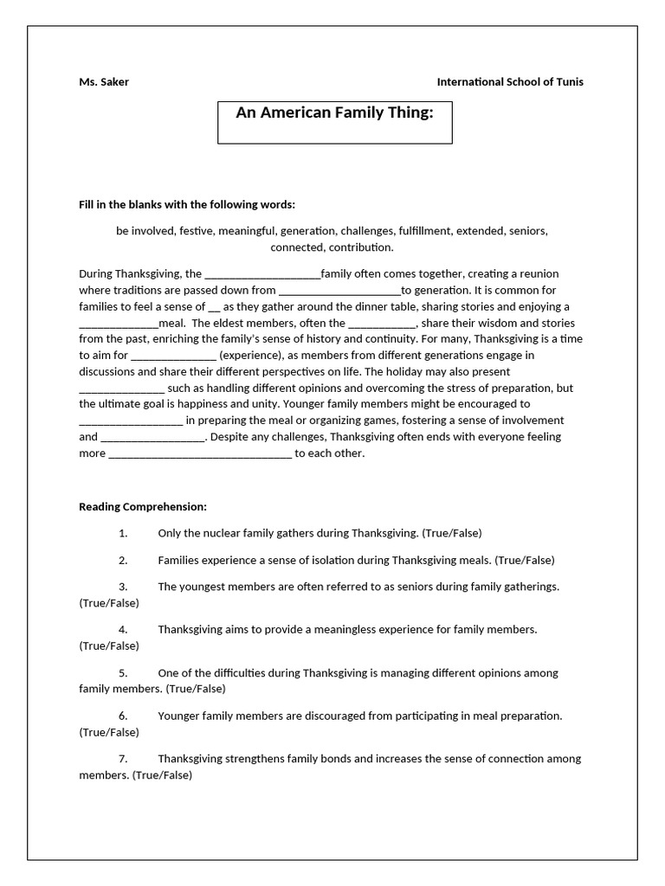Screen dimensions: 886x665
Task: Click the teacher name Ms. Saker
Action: click(104, 82)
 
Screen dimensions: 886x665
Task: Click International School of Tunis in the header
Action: click(510, 82)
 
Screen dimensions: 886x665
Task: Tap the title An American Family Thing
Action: click(334, 112)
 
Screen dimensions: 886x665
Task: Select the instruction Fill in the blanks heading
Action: click(187, 205)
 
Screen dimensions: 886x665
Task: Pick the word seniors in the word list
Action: click(528, 231)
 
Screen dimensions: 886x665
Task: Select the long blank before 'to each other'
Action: click(200, 454)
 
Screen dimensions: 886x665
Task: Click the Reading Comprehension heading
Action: click(143, 506)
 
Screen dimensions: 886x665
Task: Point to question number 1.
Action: click(123, 533)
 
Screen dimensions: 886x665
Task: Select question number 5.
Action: click(123, 672)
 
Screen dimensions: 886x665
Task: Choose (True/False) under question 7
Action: click(162, 775)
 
